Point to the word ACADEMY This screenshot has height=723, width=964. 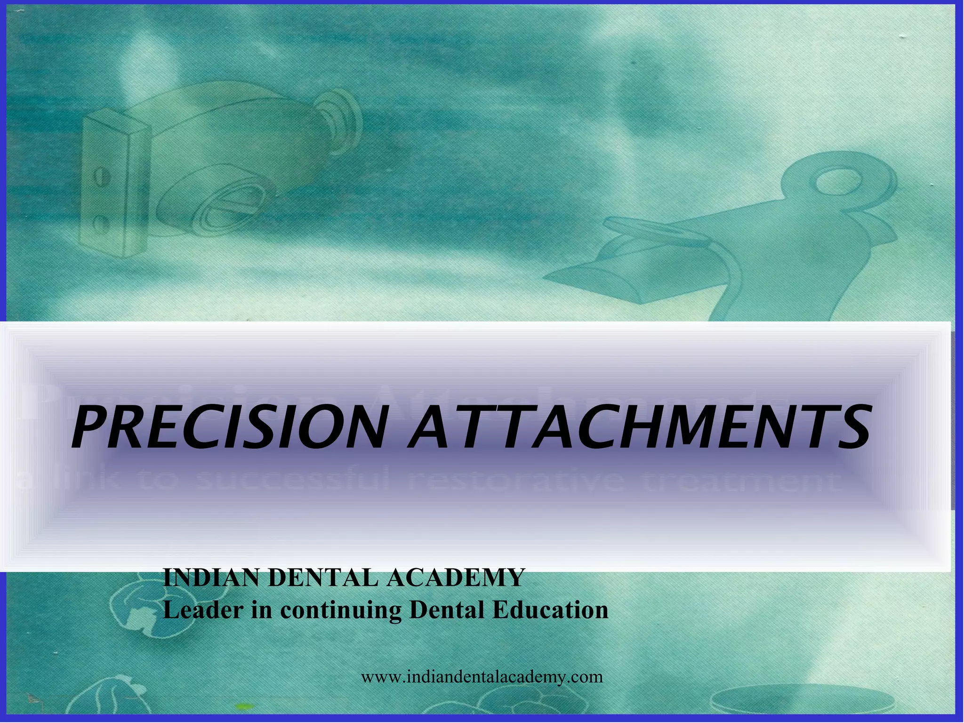[455, 578]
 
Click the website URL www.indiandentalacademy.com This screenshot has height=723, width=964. [482, 677]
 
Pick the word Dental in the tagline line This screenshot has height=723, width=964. [447, 610]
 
